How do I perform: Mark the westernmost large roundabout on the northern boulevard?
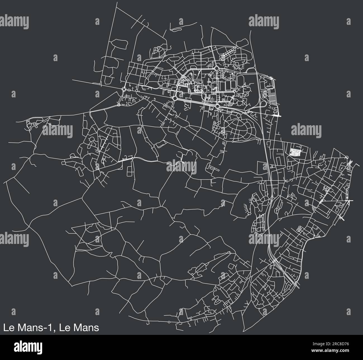(124, 89)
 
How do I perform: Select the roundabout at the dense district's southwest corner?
(175, 99)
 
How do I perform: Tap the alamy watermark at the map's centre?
(181, 167)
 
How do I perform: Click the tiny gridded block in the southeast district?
(300, 229)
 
